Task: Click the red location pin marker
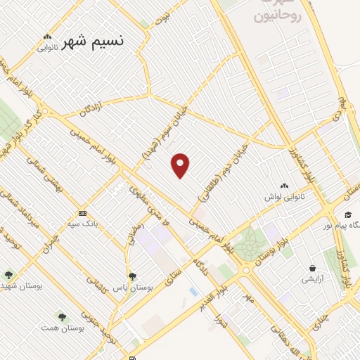(x=181, y=165)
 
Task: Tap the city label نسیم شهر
(x=93, y=41)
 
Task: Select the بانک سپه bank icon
(x=83, y=213)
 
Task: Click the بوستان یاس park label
(x=133, y=288)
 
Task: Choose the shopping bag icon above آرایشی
(x=312, y=268)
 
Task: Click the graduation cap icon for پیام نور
(x=347, y=215)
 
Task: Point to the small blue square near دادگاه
(x=193, y=291)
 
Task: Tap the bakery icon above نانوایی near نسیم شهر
(x=47, y=37)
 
